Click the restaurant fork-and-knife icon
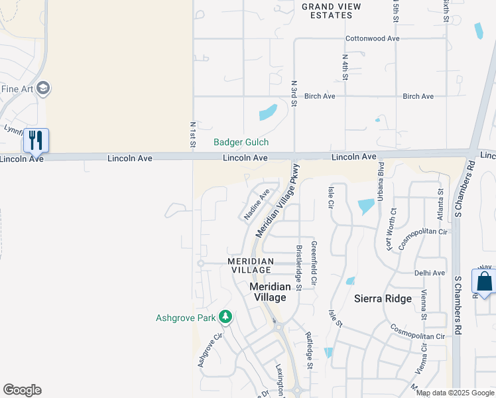click(36, 139)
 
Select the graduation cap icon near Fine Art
click(44, 88)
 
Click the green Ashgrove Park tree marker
click(225, 317)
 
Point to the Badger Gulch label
click(241, 143)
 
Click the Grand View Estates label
click(332, 11)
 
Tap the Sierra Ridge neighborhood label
click(383, 298)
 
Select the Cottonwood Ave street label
click(373, 38)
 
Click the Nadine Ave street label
click(257, 204)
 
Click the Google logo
click(22, 390)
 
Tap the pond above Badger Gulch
click(268, 113)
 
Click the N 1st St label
click(192, 134)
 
